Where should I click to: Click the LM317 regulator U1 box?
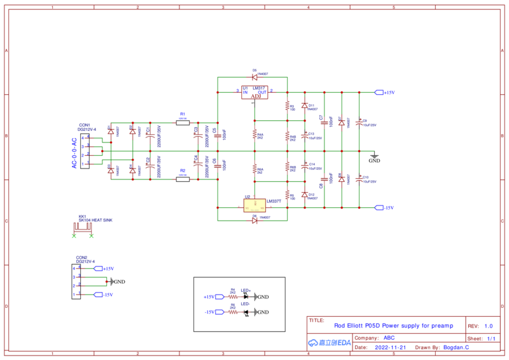pos(254,93)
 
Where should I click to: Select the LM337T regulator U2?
pos(254,205)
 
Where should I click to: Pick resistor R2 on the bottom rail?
pos(183,179)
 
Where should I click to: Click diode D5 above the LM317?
pos(254,78)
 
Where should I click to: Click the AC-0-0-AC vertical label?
pos(74,153)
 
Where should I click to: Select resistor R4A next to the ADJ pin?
pos(254,135)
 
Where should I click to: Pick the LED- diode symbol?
pos(247,312)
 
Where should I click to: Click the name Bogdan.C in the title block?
pos(456,348)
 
